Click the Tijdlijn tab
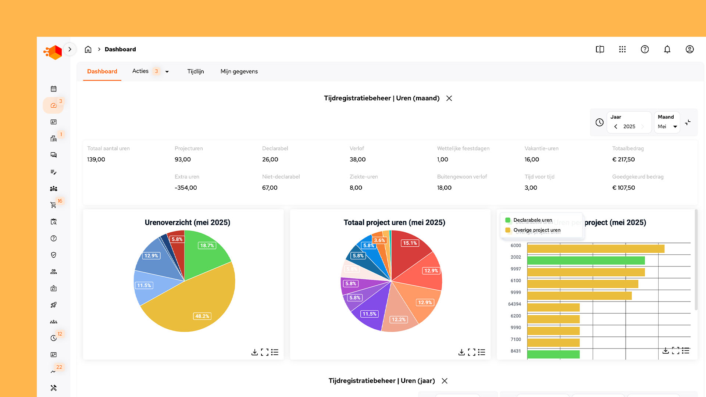click(195, 71)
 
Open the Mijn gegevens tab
click(239, 71)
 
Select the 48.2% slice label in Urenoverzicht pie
click(202, 316)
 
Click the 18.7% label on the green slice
click(207, 246)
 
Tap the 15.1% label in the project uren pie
click(410, 243)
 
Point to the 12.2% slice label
click(399, 319)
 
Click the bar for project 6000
click(596, 249)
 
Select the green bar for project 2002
click(586, 261)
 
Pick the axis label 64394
click(514, 304)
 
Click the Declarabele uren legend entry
click(532, 220)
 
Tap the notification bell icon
click(667, 49)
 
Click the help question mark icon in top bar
click(645, 49)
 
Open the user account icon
click(689, 49)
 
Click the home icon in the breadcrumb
click(88, 49)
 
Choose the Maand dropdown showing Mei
click(667, 126)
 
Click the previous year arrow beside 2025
click(616, 126)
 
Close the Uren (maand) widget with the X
click(449, 98)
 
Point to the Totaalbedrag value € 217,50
click(623, 160)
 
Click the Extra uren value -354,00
click(186, 188)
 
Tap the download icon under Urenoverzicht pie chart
click(254, 352)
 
